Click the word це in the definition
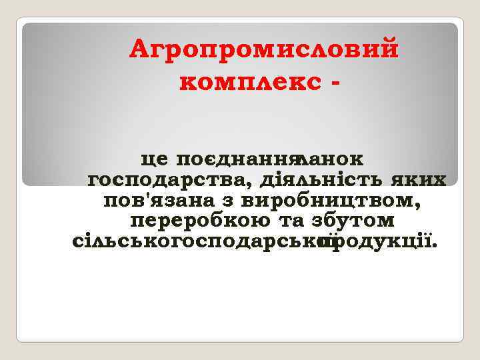tap(155, 160)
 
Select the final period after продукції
tap(436, 244)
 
